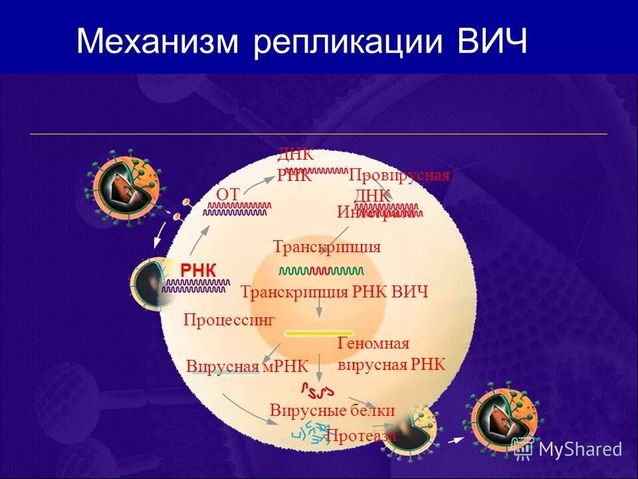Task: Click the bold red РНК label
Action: pyautogui.click(x=198, y=269)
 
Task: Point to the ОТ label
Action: pyautogui.click(x=227, y=194)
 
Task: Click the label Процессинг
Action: pyautogui.click(x=229, y=319)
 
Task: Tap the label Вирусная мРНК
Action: pyautogui.click(x=247, y=367)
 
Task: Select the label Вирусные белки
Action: pyautogui.click(x=332, y=410)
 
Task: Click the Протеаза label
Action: pyautogui.click(x=361, y=436)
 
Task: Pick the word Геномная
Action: pyautogui.click(x=373, y=343)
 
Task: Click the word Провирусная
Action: pyautogui.click(x=399, y=175)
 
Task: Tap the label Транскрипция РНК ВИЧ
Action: pyautogui.click(x=334, y=292)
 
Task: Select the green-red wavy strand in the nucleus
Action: pyautogui.click(x=321, y=271)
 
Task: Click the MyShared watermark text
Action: pyautogui.click(x=580, y=449)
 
